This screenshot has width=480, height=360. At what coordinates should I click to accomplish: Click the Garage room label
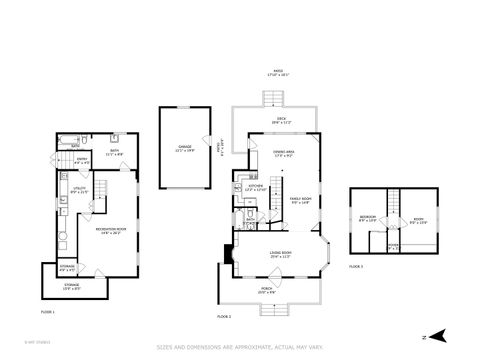184,147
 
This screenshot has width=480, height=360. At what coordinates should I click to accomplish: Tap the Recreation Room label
110,230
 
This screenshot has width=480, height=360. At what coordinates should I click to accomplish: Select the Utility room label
79,189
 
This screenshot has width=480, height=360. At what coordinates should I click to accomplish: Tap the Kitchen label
255,187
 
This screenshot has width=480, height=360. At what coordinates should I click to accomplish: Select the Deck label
281,121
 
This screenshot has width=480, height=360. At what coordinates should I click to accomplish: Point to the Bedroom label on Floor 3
367,219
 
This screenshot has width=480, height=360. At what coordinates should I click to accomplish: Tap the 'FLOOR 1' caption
47,311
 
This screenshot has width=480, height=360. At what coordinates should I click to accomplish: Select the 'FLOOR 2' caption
224,316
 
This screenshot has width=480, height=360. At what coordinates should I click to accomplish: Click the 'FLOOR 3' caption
356,266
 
